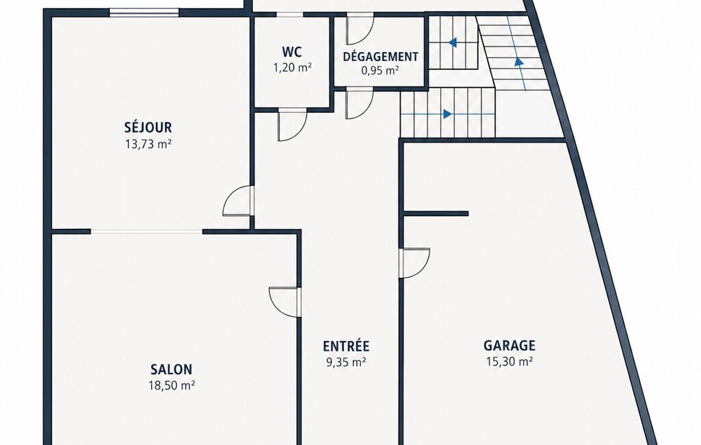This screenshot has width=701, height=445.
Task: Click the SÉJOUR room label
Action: coord(148,127)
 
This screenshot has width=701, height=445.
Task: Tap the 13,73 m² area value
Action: coord(149,144)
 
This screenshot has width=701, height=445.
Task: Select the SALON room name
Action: coord(171,369)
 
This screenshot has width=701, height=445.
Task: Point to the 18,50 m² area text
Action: coord(172,385)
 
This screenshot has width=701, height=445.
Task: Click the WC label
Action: coord(292,52)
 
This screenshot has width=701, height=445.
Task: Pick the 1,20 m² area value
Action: coord(293,68)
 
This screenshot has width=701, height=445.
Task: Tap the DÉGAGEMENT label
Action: coord(380,57)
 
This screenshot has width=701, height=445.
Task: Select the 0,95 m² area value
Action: coord(380,71)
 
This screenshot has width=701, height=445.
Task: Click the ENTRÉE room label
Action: coord(346,346)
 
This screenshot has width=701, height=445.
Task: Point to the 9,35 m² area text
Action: coord(346,361)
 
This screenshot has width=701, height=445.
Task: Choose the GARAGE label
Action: coord(510,345)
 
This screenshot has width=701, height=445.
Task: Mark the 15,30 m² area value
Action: coord(510,361)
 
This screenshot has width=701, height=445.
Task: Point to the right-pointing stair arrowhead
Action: coord(447,114)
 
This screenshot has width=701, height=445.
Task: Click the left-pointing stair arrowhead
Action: coord(453,42)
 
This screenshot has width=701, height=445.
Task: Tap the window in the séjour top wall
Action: coord(144,12)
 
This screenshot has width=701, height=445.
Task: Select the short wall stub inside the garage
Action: coord(436,214)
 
